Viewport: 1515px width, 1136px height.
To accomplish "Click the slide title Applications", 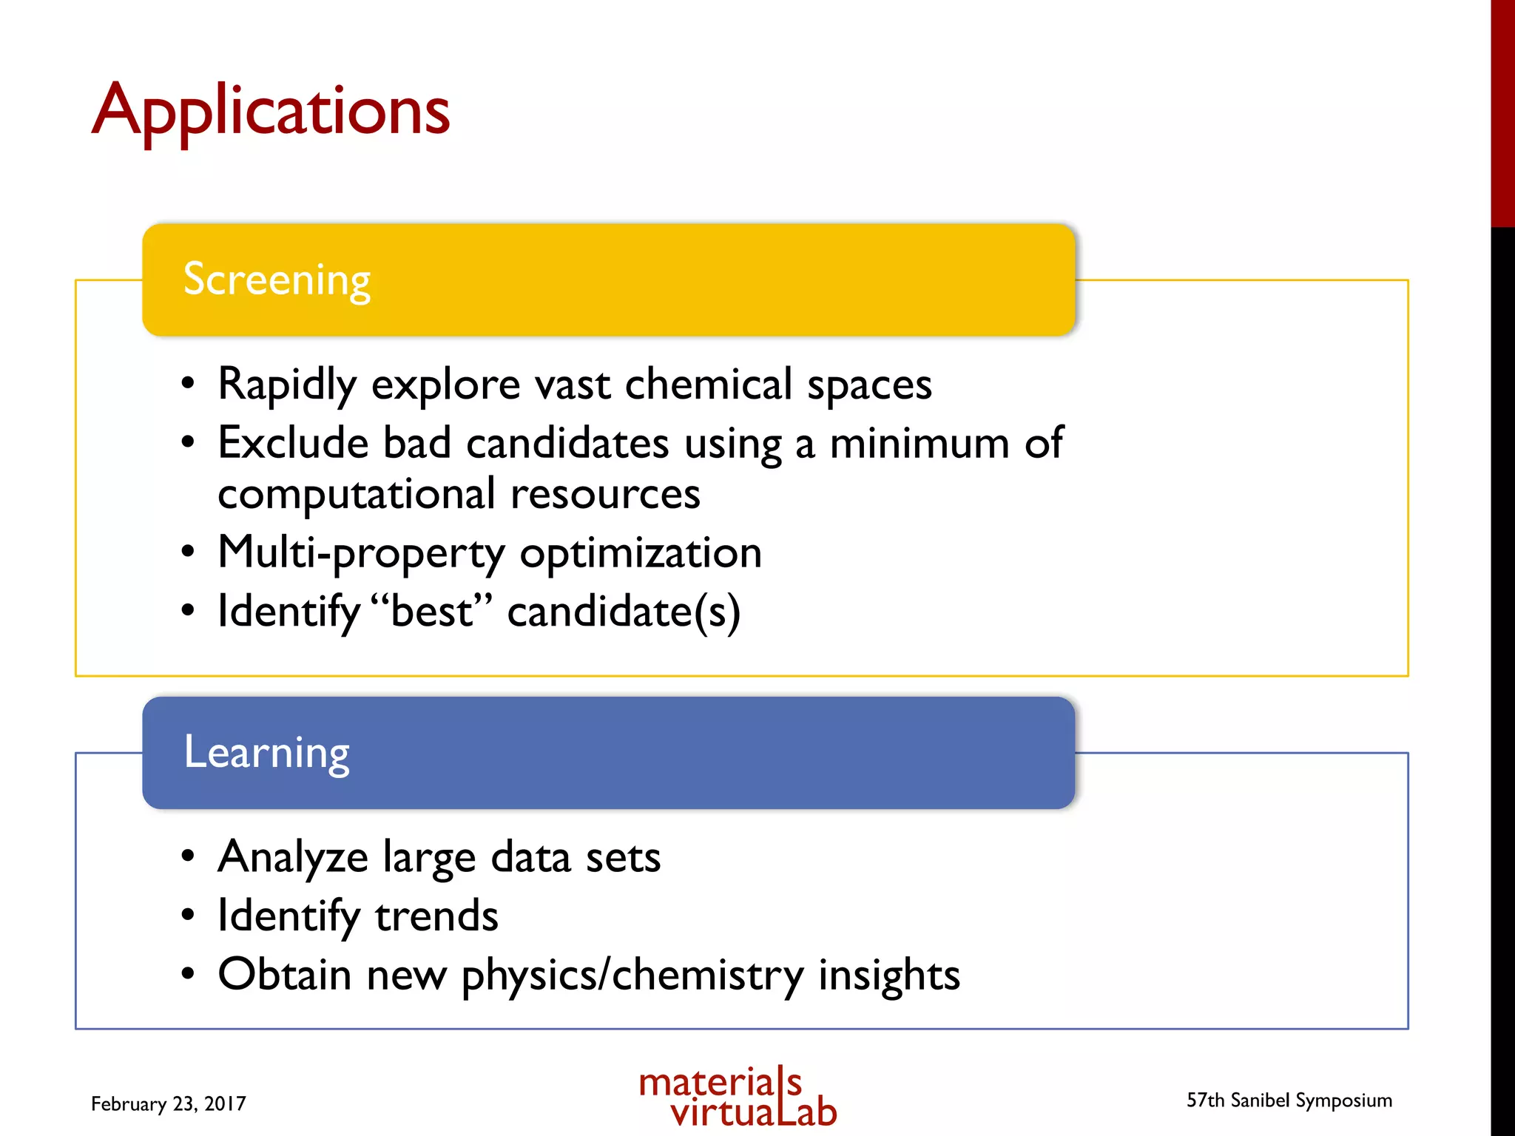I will [x=271, y=111].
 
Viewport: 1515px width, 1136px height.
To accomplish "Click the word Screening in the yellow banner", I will [x=277, y=280].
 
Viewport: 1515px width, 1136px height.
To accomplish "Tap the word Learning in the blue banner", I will [x=266, y=752].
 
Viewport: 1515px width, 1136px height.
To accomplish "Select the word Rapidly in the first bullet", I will [x=287, y=385].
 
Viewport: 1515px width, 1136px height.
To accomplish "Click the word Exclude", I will [x=293, y=443].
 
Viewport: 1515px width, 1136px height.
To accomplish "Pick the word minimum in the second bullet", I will [x=919, y=444].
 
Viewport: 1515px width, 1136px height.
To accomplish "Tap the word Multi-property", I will [x=361, y=553].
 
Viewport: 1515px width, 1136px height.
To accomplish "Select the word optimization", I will [x=641, y=553].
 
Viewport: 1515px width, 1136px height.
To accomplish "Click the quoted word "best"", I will [x=431, y=612].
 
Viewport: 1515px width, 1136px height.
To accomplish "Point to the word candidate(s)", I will [x=624, y=612].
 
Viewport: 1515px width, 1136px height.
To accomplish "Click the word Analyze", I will [x=293, y=858].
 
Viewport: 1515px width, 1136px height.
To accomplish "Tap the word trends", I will [x=436, y=916].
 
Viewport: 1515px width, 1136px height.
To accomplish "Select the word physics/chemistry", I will [x=632, y=976].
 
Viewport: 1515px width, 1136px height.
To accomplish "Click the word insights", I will [x=888, y=976].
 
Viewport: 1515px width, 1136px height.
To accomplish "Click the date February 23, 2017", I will [x=169, y=1103].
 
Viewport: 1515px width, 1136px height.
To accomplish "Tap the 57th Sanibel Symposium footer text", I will [x=1289, y=1100].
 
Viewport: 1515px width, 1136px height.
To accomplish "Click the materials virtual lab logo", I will [x=738, y=1097].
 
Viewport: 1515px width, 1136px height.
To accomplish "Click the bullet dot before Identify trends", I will [x=188, y=916].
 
